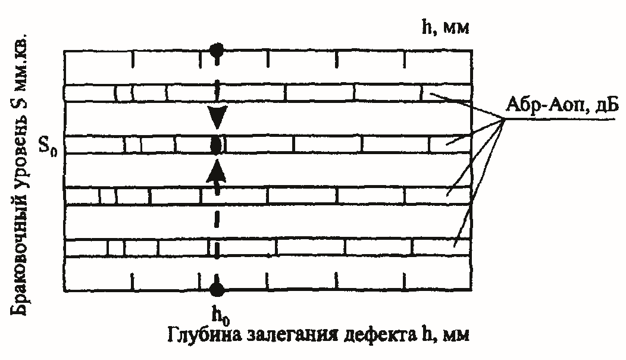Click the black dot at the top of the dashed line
click(217, 50)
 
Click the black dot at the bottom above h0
click(217, 290)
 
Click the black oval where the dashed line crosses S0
click(217, 145)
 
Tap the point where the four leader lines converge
click(505, 120)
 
